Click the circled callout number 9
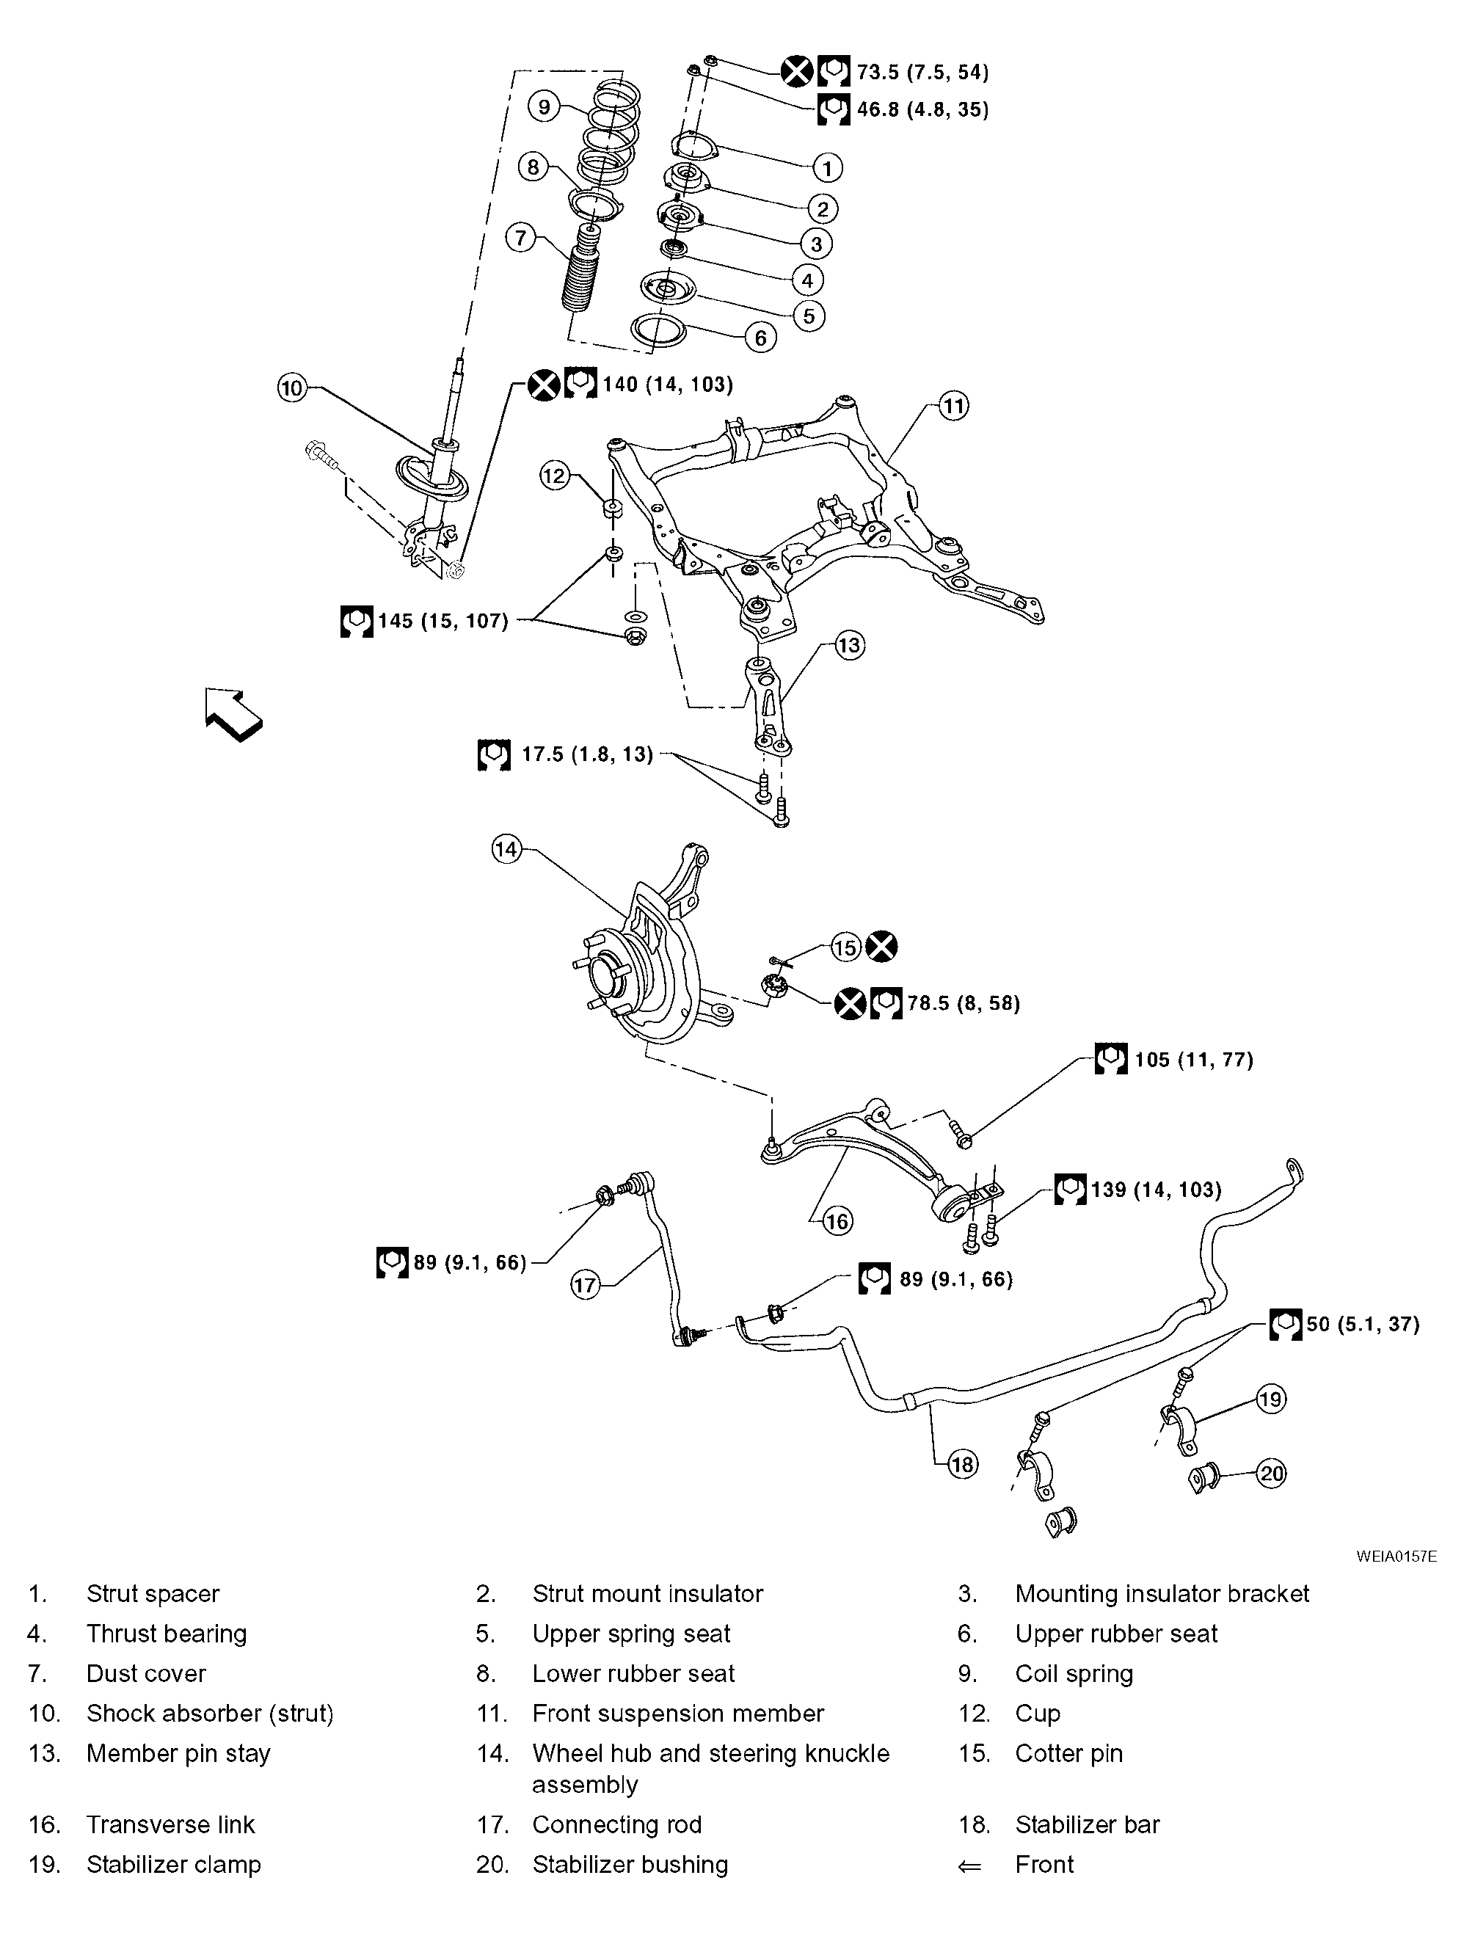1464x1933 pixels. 544,106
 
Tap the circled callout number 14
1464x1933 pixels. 507,848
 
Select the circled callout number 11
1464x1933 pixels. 953,406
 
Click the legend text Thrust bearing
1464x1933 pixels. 166,1634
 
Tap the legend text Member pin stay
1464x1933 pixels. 178,1753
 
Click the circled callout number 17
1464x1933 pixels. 585,1284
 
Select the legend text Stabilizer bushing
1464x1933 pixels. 630,1864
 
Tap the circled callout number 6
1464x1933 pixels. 760,338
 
